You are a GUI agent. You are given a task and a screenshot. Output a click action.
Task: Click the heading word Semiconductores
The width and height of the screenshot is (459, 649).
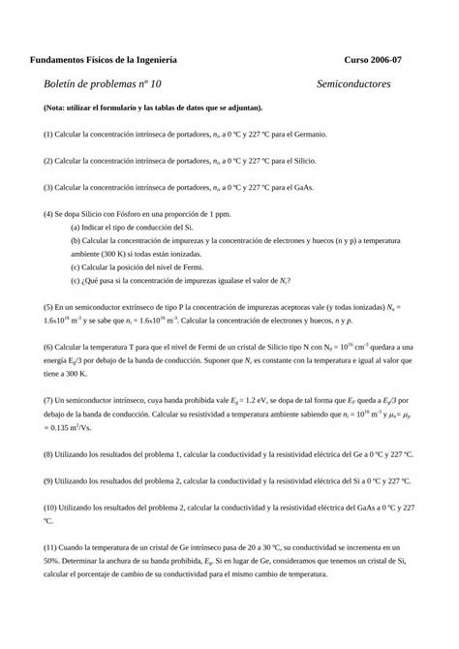point(352,84)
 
